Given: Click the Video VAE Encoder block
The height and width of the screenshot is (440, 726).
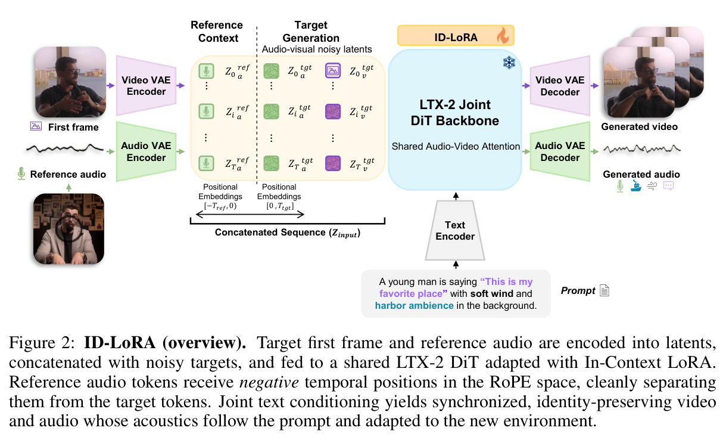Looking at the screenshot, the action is [x=146, y=86].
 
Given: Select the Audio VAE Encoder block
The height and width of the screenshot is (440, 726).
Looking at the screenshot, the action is [x=146, y=151].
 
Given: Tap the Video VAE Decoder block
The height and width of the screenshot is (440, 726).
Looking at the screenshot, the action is [x=560, y=86].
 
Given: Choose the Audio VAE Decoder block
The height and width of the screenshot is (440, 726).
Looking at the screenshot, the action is [x=560, y=151].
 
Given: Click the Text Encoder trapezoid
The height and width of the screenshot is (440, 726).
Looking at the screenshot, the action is [x=455, y=230].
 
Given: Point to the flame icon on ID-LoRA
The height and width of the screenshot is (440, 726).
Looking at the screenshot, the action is [x=503, y=35].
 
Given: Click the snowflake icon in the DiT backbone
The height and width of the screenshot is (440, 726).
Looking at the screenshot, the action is [x=509, y=63].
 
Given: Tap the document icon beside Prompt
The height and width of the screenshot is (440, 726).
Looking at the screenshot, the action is [x=605, y=290].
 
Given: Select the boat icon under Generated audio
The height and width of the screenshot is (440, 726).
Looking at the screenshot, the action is [x=636, y=185].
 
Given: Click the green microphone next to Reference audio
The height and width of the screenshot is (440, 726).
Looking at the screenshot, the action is [x=21, y=173].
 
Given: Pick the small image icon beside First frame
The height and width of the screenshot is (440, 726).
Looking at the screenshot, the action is [x=36, y=126].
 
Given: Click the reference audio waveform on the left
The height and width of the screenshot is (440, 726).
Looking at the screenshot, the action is [x=65, y=148].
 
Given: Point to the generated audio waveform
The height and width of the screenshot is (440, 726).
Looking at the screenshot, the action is [x=642, y=149].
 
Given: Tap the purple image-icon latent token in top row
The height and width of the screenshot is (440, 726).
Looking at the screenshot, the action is [x=333, y=71].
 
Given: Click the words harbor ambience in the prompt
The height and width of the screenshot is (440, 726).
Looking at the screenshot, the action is [x=414, y=306].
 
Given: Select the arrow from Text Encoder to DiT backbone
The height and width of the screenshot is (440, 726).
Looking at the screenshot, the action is [x=456, y=196].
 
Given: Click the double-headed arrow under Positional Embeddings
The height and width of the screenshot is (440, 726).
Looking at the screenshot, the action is [x=250, y=214].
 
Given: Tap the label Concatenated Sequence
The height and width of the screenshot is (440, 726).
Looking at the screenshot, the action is [x=270, y=233].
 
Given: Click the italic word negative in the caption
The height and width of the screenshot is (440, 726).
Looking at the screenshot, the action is [x=269, y=382].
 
